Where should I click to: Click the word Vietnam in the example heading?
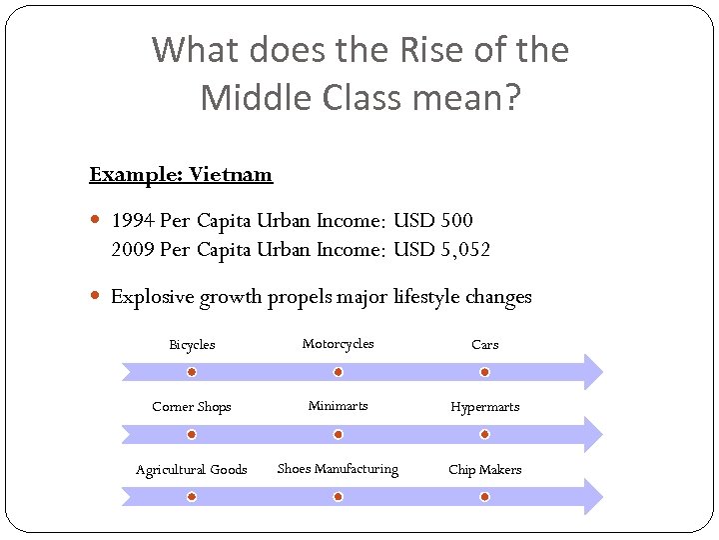(231, 174)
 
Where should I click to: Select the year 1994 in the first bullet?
(131, 220)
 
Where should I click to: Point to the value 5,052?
(465, 249)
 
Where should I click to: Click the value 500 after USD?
(456, 220)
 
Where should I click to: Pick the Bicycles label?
(192, 345)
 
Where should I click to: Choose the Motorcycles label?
(338, 344)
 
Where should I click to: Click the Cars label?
(484, 345)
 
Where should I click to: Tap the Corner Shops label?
(192, 407)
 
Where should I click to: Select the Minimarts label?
(338, 406)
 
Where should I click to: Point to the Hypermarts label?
(484, 407)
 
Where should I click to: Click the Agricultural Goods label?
(192, 470)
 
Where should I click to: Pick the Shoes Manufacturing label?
(338, 469)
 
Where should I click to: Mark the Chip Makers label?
(484, 470)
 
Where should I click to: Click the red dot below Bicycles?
(192, 372)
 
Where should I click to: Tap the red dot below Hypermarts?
(484, 434)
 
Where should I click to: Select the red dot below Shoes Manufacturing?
(338, 497)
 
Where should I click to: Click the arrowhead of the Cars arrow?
(593, 372)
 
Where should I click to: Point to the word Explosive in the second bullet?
(151, 297)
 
